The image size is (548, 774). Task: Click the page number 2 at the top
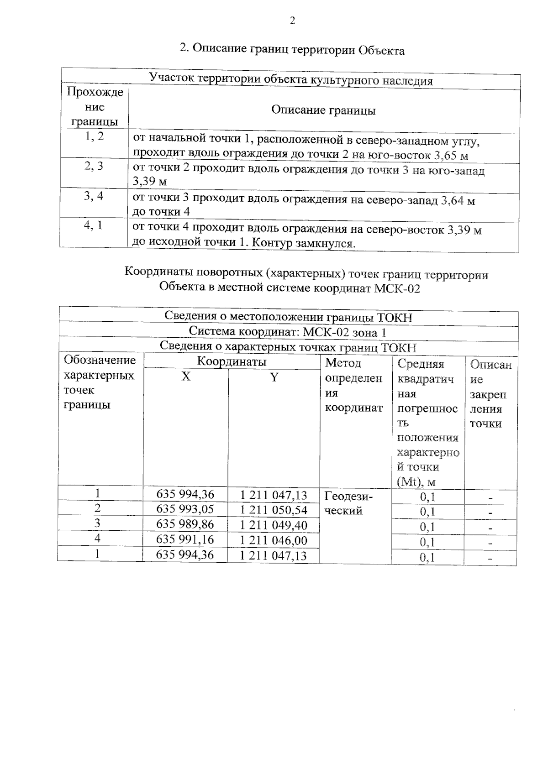click(292, 21)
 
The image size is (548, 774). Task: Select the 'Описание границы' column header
click(323, 110)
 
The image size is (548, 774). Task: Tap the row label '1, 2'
click(94, 136)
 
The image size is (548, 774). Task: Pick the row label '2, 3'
click(94, 166)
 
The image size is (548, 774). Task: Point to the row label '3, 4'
click(94, 196)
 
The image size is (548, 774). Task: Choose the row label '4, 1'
click(94, 226)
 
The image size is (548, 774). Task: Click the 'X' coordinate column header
click(186, 377)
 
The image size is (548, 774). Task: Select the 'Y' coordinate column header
click(274, 377)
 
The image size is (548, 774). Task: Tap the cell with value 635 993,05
click(185, 509)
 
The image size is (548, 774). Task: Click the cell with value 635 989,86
click(185, 524)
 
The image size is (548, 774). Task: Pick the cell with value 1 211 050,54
click(274, 510)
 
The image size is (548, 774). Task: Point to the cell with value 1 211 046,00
click(274, 541)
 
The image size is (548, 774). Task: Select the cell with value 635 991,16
click(185, 539)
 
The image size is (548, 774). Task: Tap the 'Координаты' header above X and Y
click(232, 362)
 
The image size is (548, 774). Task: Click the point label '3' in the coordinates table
click(97, 523)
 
